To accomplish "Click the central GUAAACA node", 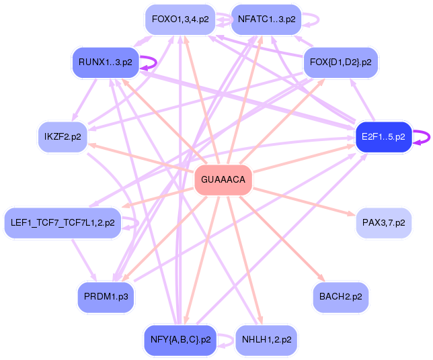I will pyautogui.click(x=223, y=180).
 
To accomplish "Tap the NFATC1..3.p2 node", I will pyautogui.click(x=266, y=19).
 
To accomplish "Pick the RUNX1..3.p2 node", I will pyautogui.click(x=105, y=62).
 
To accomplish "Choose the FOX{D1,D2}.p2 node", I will pyautogui.click(x=340, y=62).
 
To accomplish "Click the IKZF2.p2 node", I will pyautogui.click(x=63, y=136).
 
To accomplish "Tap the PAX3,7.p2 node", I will pyautogui.click(x=383, y=222).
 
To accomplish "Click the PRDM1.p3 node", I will pyautogui.click(x=106, y=296).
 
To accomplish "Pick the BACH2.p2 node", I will pyautogui.click(x=340, y=296).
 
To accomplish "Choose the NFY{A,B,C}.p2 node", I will pyautogui.click(x=180, y=340).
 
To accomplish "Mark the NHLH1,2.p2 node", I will pyautogui.click(x=266, y=340).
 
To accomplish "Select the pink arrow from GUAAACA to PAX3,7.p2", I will pyautogui.click(x=303, y=201).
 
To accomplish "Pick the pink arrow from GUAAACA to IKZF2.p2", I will pyautogui.click(x=141, y=158).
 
